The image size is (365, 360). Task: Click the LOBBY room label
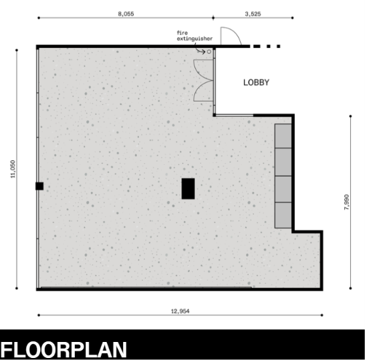pyautogui.click(x=256, y=83)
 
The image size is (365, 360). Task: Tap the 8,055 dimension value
pyautogui.click(x=126, y=14)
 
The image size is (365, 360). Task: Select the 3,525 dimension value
pyautogui.click(x=253, y=14)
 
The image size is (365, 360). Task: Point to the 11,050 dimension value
pyautogui.click(x=13, y=169)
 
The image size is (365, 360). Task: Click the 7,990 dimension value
pyautogui.click(x=346, y=202)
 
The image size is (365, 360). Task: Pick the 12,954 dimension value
pyautogui.click(x=180, y=311)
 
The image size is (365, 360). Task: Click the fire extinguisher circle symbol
pyautogui.click(x=209, y=51)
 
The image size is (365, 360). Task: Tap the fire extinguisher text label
pyautogui.click(x=195, y=36)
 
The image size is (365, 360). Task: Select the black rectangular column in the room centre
pyautogui.click(x=188, y=188)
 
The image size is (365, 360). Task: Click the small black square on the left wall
pyautogui.click(x=39, y=186)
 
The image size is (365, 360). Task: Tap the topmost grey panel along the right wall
pyautogui.click(x=283, y=136)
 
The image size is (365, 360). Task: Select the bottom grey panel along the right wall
pyautogui.click(x=283, y=215)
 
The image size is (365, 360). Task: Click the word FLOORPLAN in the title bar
pyautogui.click(x=64, y=350)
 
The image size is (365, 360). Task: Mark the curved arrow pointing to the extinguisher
pyautogui.click(x=200, y=51)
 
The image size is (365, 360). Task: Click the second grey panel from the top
pyautogui.click(x=283, y=162)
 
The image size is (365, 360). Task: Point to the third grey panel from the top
pyautogui.click(x=283, y=189)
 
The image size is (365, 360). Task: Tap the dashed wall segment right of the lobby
pyautogui.click(x=265, y=46)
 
